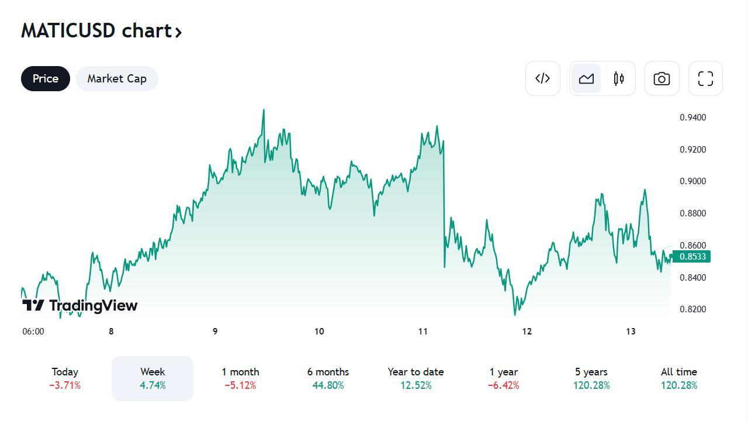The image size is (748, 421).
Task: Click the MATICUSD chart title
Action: [101, 30]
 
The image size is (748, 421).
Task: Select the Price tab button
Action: [46, 79]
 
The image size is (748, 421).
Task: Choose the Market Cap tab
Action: [117, 79]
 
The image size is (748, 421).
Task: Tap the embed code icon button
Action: [543, 78]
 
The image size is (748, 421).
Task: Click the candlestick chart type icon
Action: [619, 78]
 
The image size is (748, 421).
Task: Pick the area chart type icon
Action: [586, 78]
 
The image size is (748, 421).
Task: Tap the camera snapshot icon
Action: [662, 78]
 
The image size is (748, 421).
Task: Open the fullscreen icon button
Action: [705, 78]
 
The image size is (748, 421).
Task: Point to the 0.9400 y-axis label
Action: [692, 118]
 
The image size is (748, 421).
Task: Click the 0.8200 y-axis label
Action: [692, 309]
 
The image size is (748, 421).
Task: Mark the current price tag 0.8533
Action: [692, 257]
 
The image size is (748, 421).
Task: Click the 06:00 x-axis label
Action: [33, 332]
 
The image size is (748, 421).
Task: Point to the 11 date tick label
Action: [423, 332]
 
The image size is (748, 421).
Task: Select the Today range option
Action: [65, 378]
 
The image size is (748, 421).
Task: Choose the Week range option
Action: [153, 378]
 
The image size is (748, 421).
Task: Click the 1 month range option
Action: [240, 378]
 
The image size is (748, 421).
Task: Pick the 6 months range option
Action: [328, 378]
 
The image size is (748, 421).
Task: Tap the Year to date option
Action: [415, 378]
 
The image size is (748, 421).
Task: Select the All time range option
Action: [678, 378]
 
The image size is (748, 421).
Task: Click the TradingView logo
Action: [80, 305]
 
